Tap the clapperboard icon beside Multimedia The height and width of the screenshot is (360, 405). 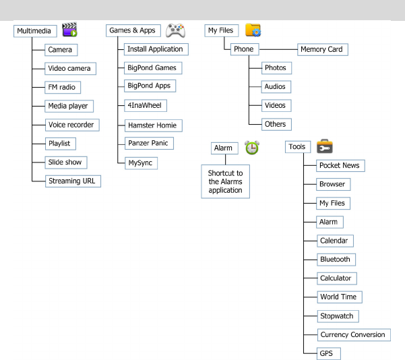click(x=69, y=29)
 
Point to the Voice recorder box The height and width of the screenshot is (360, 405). click(x=71, y=125)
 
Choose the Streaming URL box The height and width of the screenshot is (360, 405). click(x=71, y=181)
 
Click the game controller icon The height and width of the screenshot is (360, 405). click(x=175, y=30)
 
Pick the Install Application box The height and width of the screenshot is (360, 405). click(x=155, y=49)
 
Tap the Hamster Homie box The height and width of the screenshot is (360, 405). click(x=154, y=125)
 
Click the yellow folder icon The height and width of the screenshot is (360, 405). click(x=253, y=30)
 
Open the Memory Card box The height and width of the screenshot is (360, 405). click(x=322, y=49)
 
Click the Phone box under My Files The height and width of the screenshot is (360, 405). click(x=243, y=49)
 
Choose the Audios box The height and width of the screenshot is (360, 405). click(x=275, y=86)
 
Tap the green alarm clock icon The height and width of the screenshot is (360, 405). click(x=252, y=148)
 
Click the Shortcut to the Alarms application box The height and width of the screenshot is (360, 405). click(x=225, y=182)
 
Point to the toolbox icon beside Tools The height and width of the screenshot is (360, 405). click(x=324, y=146)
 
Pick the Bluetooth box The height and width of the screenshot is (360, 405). click(x=336, y=260)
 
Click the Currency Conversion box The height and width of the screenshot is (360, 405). click(x=353, y=334)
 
